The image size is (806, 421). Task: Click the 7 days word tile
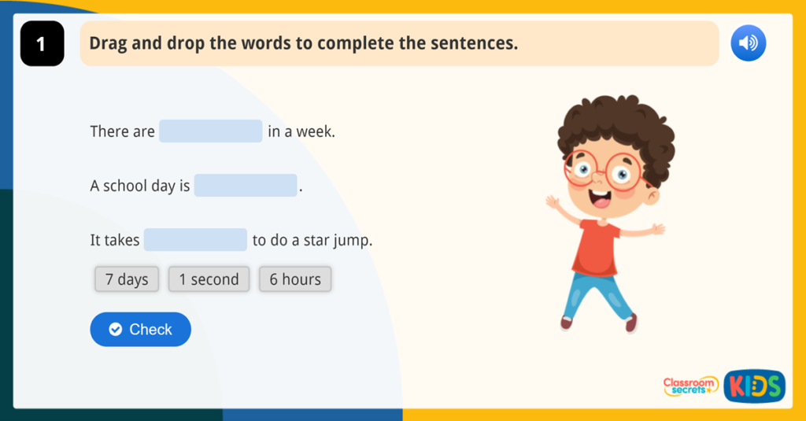click(x=127, y=279)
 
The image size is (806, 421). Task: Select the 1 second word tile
click(x=209, y=279)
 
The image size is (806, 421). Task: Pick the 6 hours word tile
click(x=295, y=279)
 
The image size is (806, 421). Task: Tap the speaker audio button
click(x=748, y=43)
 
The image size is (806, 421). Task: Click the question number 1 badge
click(x=42, y=44)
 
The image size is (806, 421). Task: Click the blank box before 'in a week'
click(x=210, y=131)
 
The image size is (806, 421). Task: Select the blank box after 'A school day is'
click(x=246, y=186)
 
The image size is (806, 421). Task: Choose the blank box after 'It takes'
click(x=195, y=240)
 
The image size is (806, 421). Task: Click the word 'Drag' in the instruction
click(x=108, y=42)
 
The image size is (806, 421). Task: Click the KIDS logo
click(x=754, y=386)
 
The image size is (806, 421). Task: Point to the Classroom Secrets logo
click(x=690, y=386)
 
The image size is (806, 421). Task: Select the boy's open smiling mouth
click(x=601, y=199)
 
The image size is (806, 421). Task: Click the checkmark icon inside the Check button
click(x=116, y=330)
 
